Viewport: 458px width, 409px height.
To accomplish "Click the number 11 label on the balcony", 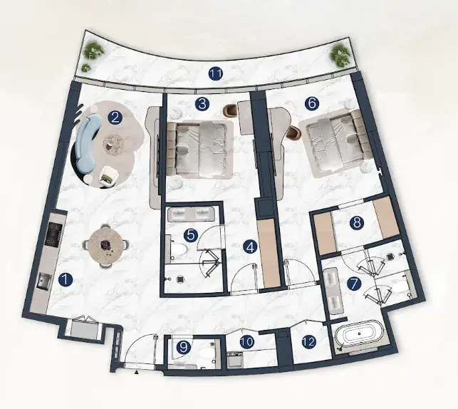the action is point(216,74).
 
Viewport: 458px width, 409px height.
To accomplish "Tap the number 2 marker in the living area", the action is point(115,118).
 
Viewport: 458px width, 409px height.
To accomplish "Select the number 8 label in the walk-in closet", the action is point(357,223).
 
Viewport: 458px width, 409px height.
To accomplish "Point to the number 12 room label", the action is point(309,341).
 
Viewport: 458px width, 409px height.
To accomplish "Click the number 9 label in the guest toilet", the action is point(184,347).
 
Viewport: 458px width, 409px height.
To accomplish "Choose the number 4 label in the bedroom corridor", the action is point(250,247).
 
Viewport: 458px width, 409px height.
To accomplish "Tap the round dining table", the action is point(105,246).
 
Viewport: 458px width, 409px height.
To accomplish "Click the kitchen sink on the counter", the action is point(44,281).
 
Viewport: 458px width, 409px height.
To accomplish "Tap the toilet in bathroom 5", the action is point(177,250).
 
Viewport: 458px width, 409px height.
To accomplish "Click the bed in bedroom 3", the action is point(200,150).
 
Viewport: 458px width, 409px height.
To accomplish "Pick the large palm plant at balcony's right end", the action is point(340,55).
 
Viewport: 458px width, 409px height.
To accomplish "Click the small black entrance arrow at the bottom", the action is point(136,372).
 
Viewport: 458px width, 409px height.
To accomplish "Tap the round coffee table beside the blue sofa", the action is point(113,143).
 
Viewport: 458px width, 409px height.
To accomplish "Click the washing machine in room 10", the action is point(235,359).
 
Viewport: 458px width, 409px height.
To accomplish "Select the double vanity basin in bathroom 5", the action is point(192,214).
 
